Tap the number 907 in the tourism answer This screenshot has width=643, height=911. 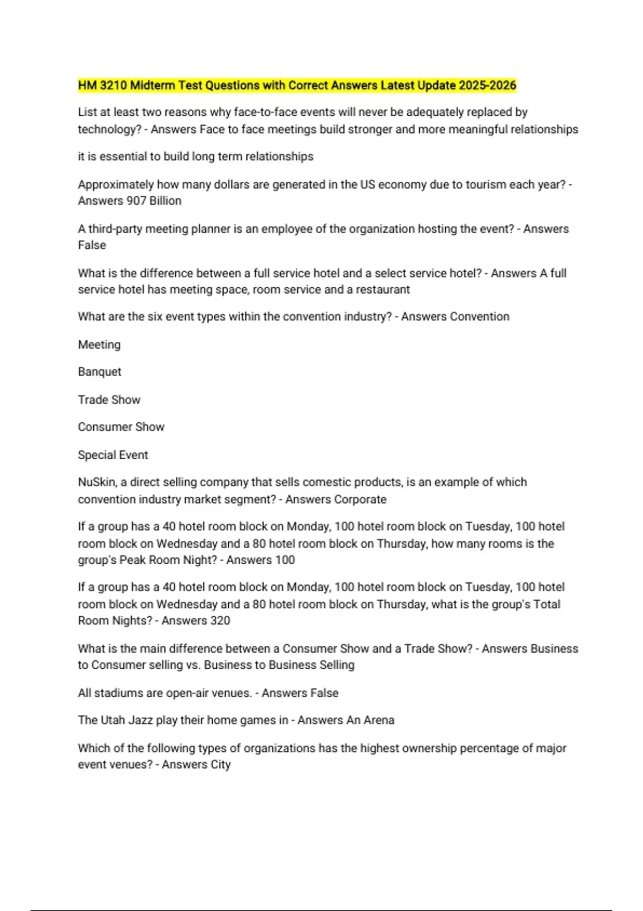pyautogui.click(x=137, y=201)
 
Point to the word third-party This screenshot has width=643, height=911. pyautogui.click(x=115, y=229)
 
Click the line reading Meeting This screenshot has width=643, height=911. pyautogui.click(x=99, y=345)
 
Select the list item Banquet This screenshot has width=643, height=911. pyautogui.click(x=100, y=372)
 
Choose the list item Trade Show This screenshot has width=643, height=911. pyautogui.click(x=109, y=400)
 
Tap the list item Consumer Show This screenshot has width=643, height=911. pyautogui.click(x=121, y=427)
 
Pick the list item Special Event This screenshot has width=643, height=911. pyautogui.click(x=113, y=455)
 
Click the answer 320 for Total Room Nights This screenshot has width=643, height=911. pyautogui.click(x=219, y=621)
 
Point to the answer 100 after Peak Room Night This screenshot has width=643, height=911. pyautogui.click(x=285, y=560)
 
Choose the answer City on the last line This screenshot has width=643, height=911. pyautogui.click(x=220, y=765)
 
